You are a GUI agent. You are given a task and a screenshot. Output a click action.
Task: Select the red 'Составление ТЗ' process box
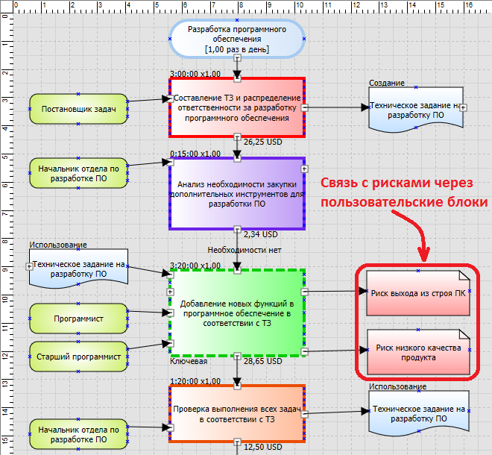(x=236, y=107)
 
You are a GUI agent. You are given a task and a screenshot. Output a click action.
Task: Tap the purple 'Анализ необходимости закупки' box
(x=236, y=192)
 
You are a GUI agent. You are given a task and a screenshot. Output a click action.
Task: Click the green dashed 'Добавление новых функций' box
(x=236, y=314)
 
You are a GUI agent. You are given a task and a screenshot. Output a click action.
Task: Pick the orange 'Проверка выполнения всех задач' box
(x=236, y=415)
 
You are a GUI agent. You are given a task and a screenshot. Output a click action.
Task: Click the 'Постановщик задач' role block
(x=78, y=110)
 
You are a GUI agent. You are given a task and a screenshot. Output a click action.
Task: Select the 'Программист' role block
(x=78, y=319)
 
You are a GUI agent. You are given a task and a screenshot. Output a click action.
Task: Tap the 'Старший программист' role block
(x=78, y=357)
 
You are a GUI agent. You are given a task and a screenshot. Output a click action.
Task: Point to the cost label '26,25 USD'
(x=263, y=142)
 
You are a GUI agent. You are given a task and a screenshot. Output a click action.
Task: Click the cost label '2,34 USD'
(x=260, y=234)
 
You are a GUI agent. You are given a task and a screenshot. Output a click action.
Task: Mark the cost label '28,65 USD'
(x=263, y=361)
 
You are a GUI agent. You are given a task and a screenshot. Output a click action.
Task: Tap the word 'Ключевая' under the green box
(x=189, y=361)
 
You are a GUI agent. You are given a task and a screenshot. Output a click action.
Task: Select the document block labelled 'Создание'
(x=415, y=111)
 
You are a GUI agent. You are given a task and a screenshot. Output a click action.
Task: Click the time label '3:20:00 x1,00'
(x=195, y=265)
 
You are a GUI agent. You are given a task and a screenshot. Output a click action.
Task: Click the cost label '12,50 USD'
(x=263, y=447)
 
